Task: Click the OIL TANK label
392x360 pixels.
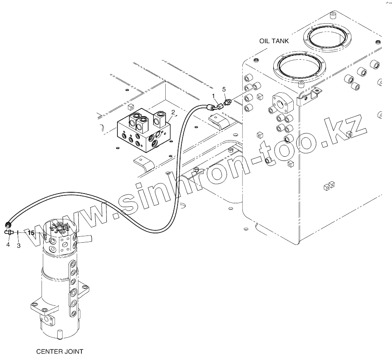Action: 274,41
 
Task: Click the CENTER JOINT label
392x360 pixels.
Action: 60,352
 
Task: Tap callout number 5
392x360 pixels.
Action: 224,89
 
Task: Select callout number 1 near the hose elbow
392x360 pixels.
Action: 213,96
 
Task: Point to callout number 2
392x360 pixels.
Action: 173,112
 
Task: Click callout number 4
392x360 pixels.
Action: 8,244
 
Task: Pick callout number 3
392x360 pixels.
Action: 19,246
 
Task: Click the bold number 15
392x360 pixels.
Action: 31,233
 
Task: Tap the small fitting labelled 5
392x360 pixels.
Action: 228,102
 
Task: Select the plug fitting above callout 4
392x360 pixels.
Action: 9,233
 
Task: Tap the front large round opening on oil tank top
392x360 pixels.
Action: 300,66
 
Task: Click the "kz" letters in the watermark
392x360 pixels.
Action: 348,130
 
